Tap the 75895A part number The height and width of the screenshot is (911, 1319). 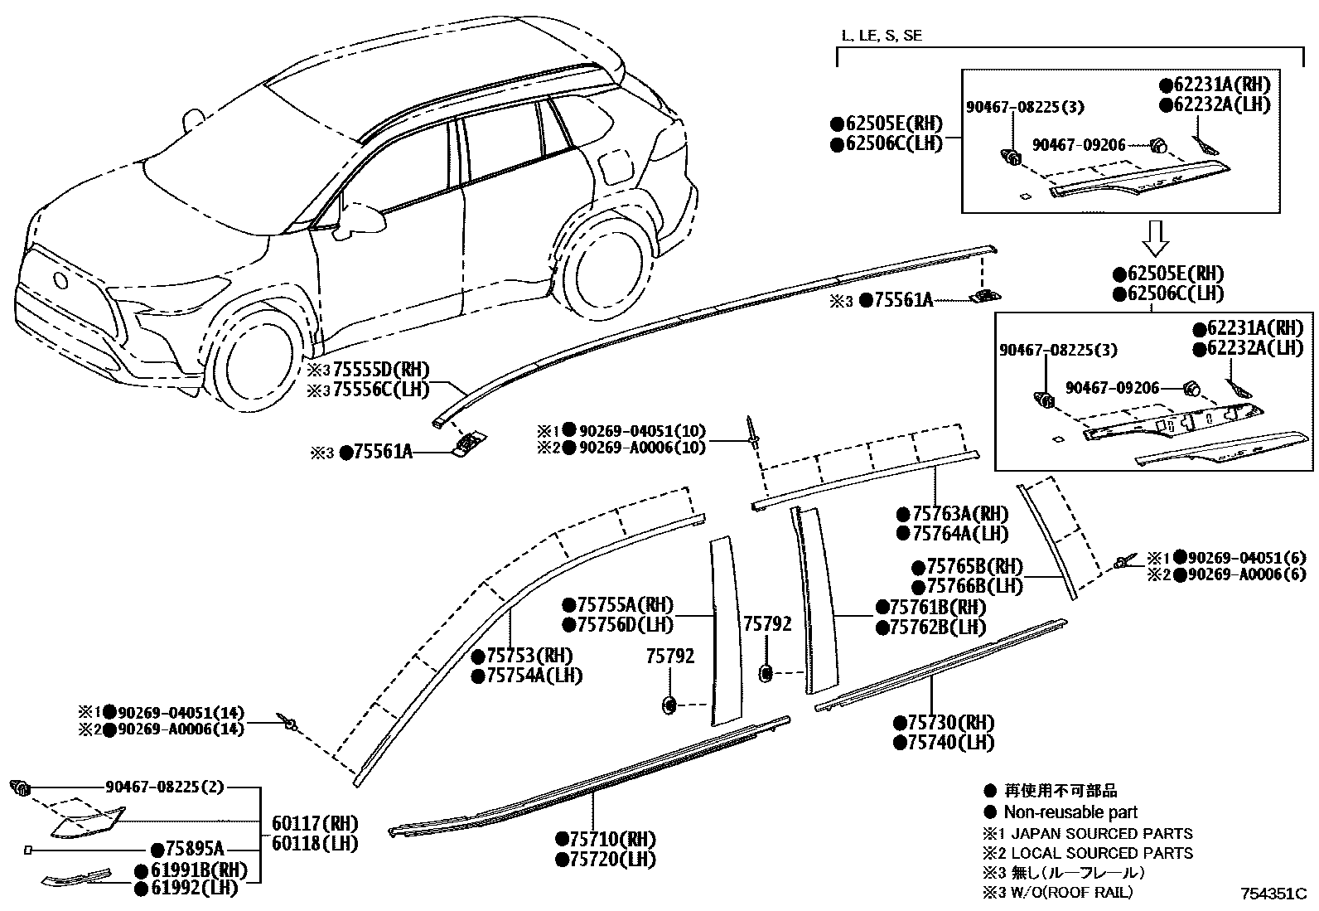point(194,850)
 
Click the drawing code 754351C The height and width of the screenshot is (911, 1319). point(1273,894)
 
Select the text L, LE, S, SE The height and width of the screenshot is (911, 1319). point(881,35)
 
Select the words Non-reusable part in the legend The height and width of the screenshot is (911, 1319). point(1070,812)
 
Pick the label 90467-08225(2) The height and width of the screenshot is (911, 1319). point(165,787)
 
